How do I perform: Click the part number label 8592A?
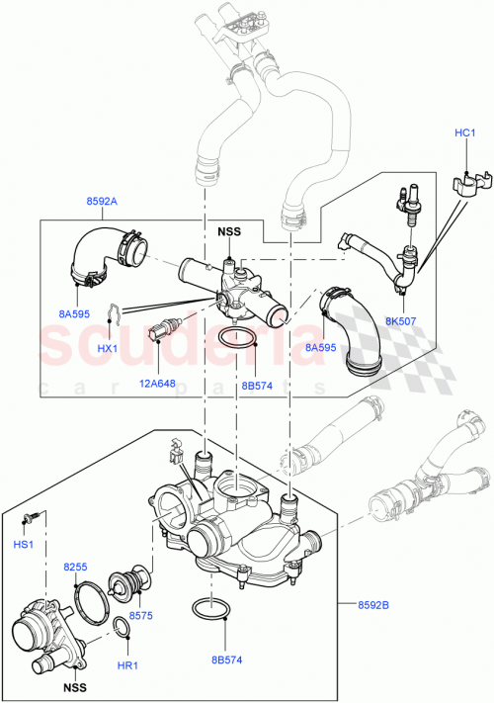click(x=102, y=201)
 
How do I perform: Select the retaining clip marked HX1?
click(x=115, y=313)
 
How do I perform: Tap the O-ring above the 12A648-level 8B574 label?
click(x=237, y=341)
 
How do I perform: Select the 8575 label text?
click(x=141, y=615)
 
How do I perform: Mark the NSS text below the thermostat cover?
click(x=74, y=687)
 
